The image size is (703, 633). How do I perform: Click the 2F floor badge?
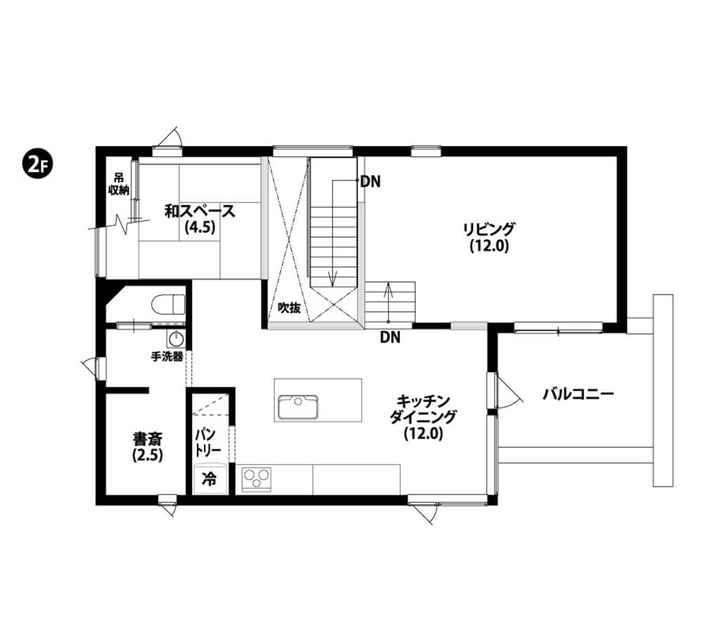click(38, 165)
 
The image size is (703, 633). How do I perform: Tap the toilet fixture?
click(168, 305)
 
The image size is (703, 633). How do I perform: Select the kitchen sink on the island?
click(297, 407)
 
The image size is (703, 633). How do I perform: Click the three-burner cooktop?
click(257, 479)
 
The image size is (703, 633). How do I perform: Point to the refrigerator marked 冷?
click(209, 478)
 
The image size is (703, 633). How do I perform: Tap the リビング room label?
click(489, 229)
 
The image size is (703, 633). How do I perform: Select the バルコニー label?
click(578, 395)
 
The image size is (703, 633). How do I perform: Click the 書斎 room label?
click(148, 438)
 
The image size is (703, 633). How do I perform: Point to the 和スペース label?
click(200, 211)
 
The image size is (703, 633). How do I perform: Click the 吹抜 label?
click(289, 308)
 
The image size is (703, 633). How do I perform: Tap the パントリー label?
click(207, 442)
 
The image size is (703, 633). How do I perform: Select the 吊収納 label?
click(120, 184)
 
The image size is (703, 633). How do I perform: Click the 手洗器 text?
click(167, 357)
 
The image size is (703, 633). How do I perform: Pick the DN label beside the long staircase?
click(370, 181)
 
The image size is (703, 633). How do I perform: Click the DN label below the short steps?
click(390, 338)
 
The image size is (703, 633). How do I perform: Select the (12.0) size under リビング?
click(489, 246)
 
